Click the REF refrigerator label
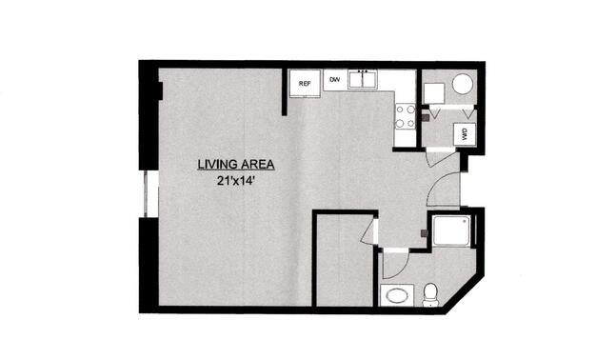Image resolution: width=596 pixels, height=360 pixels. [305, 84]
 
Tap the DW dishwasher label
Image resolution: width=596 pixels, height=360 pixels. [334, 79]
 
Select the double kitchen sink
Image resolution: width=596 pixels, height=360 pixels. [363, 79]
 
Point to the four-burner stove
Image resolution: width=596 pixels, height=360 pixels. [406, 116]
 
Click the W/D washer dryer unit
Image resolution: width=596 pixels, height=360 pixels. [465, 134]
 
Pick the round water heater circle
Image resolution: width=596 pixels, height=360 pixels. [463, 84]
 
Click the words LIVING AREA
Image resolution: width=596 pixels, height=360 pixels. [236, 165]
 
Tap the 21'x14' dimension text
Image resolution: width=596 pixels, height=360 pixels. [236, 181]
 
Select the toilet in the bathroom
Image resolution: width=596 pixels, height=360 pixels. [430, 294]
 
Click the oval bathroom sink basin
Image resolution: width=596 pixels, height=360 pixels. [396, 295]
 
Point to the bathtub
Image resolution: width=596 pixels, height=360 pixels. [452, 231]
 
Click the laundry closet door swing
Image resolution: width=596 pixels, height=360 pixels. [441, 159]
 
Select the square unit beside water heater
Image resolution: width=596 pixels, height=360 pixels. [434, 93]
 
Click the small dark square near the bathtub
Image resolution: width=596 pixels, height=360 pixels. [425, 233]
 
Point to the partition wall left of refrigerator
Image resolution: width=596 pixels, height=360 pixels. [284, 92]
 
